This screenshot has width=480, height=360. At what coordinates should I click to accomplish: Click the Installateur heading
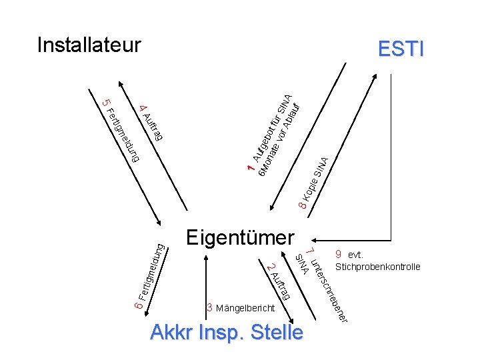click(89, 45)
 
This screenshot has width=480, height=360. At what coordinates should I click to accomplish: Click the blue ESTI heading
click(401, 49)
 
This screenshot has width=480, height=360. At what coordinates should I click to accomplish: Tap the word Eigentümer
click(240, 237)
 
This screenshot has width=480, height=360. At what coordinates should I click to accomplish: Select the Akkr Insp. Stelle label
click(227, 331)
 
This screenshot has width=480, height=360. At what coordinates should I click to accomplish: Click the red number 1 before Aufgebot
click(250, 171)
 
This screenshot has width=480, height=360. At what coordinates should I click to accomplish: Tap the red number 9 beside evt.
click(339, 254)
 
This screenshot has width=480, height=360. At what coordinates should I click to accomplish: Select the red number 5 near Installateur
click(105, 103)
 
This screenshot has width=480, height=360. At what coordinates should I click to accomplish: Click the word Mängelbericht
click(244, 309)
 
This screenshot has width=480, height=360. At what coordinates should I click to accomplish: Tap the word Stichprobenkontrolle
click(377, 267)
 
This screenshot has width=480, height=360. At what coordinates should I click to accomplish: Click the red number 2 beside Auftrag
click(269, 268)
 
